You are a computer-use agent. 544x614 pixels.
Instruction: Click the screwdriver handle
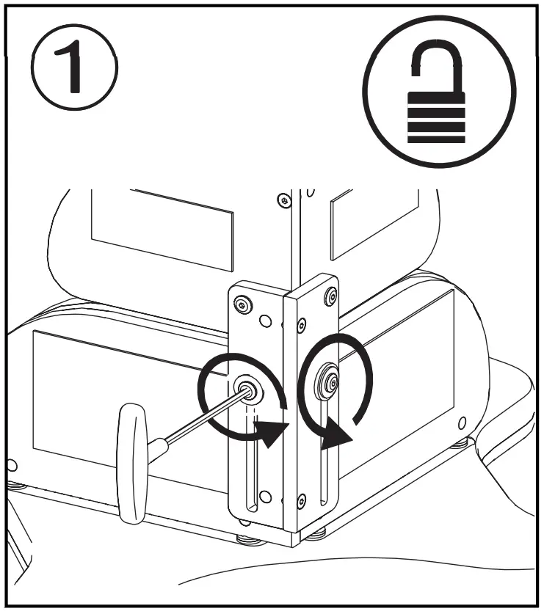coord(133,464)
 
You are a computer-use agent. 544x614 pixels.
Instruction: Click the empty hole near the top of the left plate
coord(263,321)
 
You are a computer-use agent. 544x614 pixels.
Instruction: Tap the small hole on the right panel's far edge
coord(462,423)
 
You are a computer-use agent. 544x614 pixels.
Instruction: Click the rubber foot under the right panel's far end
coord(460,442)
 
